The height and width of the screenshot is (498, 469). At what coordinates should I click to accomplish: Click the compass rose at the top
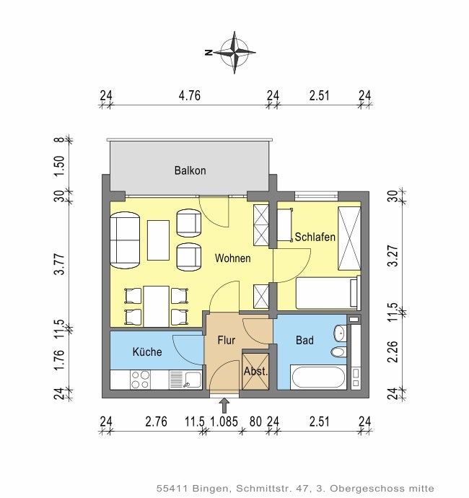pyautogui.click(x=234, y=53)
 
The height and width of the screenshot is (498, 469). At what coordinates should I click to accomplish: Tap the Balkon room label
pyautogui.click(x=190, y=170)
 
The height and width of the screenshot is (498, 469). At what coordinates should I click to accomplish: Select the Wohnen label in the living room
pyautogui.click(x=233, y=258)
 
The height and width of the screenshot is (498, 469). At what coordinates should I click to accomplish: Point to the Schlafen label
pyautogui.click(x=315, y=237)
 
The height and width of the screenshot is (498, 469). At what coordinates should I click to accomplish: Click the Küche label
pyautogui.click(x=147, y=351)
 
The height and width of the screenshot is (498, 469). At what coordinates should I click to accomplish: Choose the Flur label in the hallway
pyautogui.click(x=227, y=340)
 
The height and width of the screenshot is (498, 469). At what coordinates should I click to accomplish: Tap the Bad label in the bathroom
pyautogui.click(x=304, y=340)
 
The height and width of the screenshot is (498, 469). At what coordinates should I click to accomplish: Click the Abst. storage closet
pyautogui.click(x=255, y=371)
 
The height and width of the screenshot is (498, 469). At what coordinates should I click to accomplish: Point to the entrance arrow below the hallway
pyautogui.click(x=224, y=406)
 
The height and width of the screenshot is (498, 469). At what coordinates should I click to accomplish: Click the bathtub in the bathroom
pyautogui.click(x=318, y=377)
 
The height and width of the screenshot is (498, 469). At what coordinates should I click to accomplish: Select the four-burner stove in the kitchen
pyautogui.click(x=141, y=380)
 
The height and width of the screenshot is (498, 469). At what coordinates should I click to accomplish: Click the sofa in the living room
pyautogui.click(x=125, y=240)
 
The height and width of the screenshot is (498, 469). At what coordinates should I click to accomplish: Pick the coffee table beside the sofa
pyautogui.click(x=158, y=240)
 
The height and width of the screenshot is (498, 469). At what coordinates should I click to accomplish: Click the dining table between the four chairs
pyautogui.click(x=157, y=307)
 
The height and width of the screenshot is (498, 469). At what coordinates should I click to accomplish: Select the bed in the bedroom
pyautogui.click(x=328, y=293)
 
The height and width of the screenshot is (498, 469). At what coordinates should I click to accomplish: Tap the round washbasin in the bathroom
pyautogui.click(x=340, y=333)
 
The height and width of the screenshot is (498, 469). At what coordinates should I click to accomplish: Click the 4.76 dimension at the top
pyautogui.click(x=190, y=95)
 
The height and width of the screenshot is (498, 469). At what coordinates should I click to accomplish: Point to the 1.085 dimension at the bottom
pyautogui.click(x=224, y=421)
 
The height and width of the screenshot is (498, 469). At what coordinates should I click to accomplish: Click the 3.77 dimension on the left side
pyautogui.click(x=59, y=264)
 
